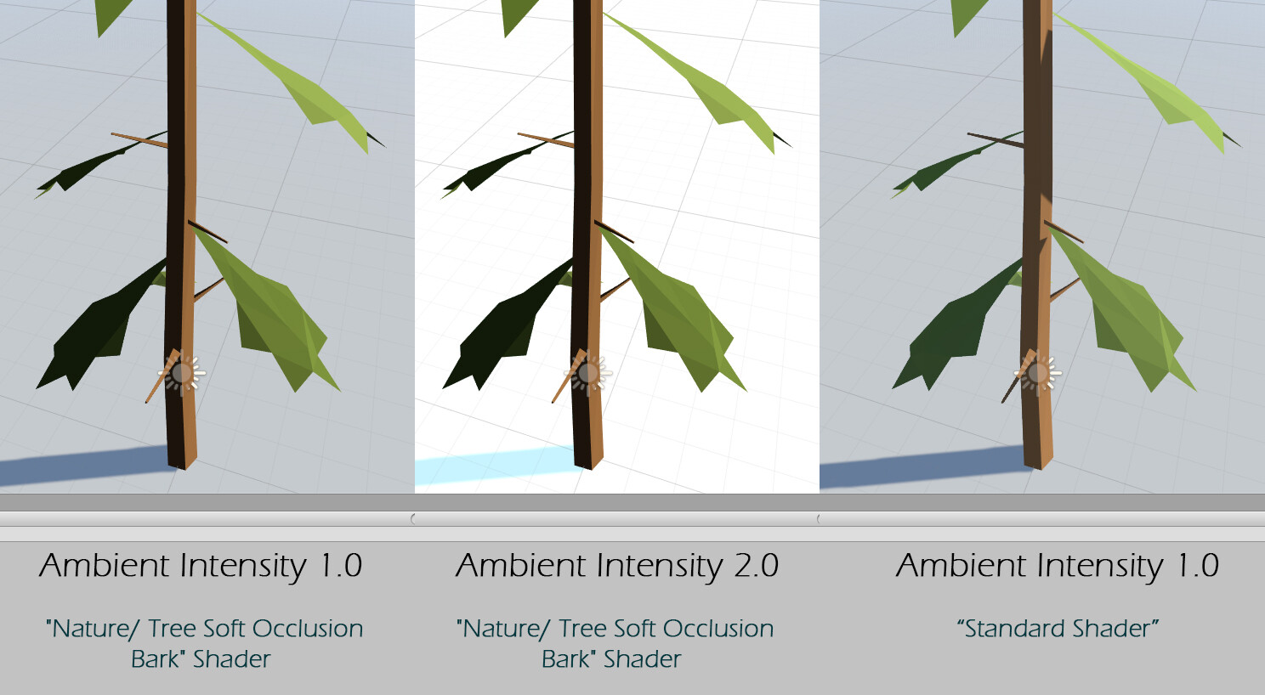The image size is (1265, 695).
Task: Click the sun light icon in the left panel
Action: coord(182,373)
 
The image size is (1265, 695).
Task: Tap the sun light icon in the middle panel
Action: coord(588,373)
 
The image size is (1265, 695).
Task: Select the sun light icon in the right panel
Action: coord(1038,373)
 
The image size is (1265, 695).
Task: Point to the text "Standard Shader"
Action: coord(1058,629)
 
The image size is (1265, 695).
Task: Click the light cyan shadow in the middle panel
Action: coord(494,465)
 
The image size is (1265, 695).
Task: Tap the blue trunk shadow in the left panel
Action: coord(85,466)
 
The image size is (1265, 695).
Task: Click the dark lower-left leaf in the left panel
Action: coord(102,333)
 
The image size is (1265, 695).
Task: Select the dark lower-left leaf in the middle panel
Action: coord(508,333)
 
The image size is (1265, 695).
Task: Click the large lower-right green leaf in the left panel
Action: coord(271,316)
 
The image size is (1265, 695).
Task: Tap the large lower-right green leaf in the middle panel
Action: coord(678,316)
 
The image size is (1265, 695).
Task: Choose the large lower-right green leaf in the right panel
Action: coord(1127,316)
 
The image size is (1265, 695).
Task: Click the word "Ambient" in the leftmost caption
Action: coord(105,565)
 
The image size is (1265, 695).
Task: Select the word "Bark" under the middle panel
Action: coord(566,658)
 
